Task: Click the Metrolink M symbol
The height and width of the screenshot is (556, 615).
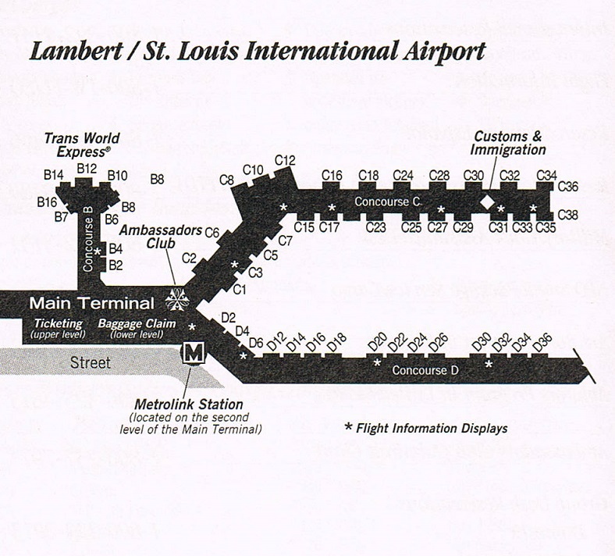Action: pos(193,353)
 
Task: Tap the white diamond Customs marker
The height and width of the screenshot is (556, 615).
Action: pos(488,202)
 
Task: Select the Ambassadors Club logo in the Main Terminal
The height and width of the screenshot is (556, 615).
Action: pos(177,300)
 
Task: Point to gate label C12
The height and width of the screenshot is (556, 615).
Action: pos(285,161)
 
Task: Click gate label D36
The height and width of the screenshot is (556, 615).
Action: pos(543,343)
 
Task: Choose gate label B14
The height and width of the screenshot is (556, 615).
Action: pos(54,175)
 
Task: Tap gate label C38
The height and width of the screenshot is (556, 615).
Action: pos(567,215)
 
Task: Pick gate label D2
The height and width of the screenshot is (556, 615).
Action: pos(228,318)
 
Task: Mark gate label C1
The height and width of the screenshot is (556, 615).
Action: pos(240,290)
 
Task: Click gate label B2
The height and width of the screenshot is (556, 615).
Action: pos(116,266)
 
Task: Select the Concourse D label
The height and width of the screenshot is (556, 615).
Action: pos(425,370)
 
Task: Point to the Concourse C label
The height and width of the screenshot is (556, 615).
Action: pos(388,201)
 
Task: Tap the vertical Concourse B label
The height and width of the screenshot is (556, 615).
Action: pos(88,239)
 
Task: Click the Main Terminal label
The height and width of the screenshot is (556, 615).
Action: pos(92,303)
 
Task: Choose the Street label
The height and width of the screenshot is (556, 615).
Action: pos(91,362)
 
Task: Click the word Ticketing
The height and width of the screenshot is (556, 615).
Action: pos(58,324)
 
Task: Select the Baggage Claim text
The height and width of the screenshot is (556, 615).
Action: pos(137,324)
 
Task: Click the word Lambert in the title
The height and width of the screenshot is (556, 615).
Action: pos(76,52)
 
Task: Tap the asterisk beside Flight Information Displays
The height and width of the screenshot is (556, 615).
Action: pos(348,426)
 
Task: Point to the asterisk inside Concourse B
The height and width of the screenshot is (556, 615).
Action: pos(98,251)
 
